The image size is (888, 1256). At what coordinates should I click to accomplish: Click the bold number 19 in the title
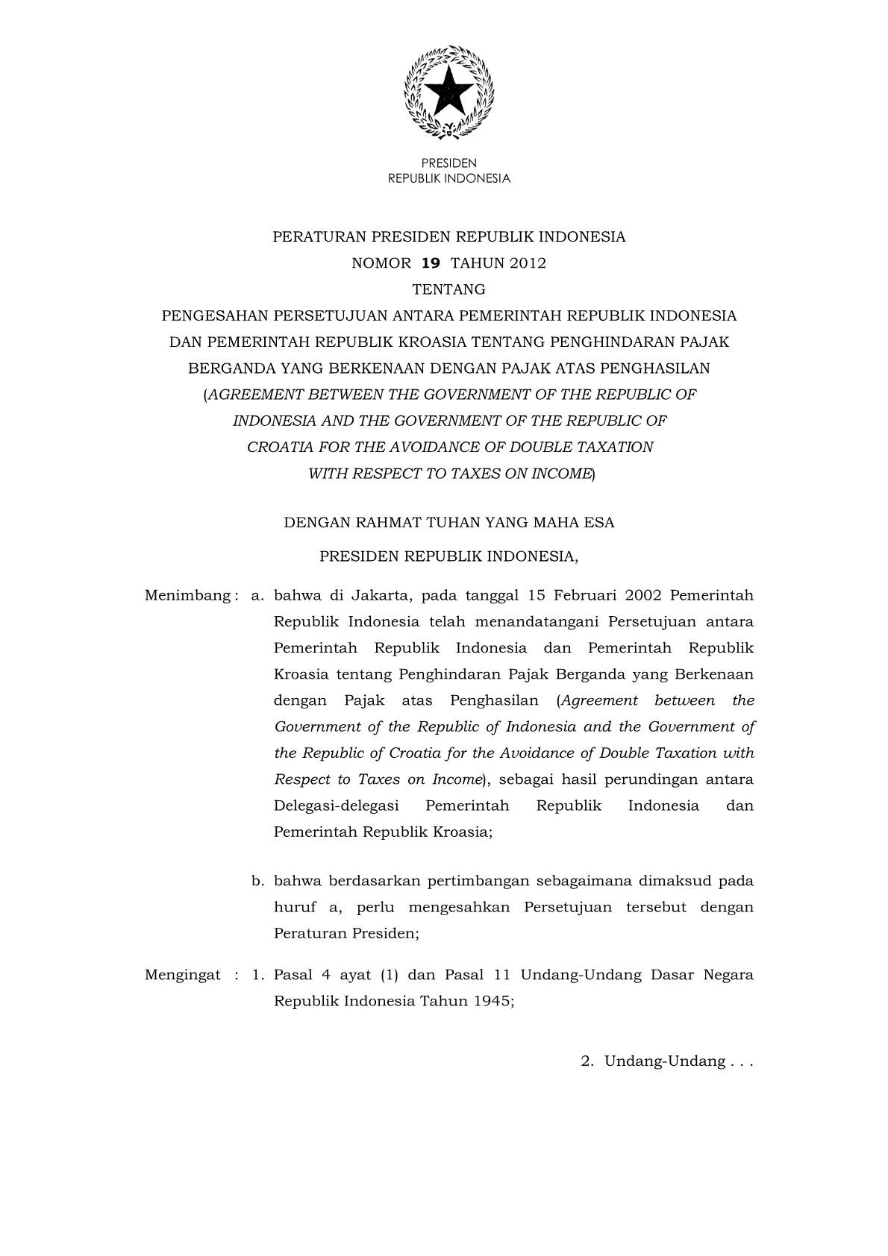(x=431, y=263)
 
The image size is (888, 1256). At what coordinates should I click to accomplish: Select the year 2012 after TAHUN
(x=528, y=263)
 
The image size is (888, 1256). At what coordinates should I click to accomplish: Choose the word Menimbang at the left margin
(x=187, y=596)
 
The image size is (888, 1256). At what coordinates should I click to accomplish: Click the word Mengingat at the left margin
(x=183, y=975)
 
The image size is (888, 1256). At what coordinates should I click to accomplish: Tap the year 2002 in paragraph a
(x=643, y=596)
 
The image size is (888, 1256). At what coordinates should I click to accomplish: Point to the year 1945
(x=492, y=1002)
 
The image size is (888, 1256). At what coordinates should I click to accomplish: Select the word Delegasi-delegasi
(x=336, y=806)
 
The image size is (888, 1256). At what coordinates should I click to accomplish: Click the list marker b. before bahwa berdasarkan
(x=258, y=882)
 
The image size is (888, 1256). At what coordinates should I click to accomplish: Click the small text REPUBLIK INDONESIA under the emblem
(x=449, y=179)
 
